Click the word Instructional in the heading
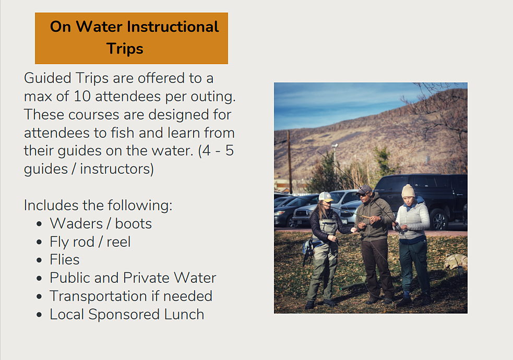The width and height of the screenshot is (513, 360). pyautogui.click(x=173, y=27)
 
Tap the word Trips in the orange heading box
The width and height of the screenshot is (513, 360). pyautogui.click(x=125, y=49)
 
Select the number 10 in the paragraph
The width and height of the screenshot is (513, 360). pyautogui.click(x=82, y=97)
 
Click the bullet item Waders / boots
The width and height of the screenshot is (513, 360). pyautogui.click(x=101, y=224)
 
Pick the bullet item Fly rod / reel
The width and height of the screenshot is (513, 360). pyautogui.click(x=90, y=242)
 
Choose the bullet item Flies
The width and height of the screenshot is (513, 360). pyautogui.click(x=65, y=260)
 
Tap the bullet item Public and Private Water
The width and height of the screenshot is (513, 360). pyautogui.click(x=133, y=278)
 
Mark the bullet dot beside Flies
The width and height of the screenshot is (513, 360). pyautogui.click(x=39, y=260)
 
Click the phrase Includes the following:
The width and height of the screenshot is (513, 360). pyautogui.click(x=98, y=206)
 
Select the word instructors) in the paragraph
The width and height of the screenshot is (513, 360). pyautogui.click(x=117, y=169)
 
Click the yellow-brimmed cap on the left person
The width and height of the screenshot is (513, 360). pyautogui.click(x=326, y=197)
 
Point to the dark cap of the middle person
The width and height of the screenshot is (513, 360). pyautogui.click(x=364, y=189)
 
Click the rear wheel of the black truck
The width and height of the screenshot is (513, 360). pyautogui.click(x=438, y=219)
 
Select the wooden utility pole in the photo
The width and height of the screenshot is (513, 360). pyautogui.click(x=290, y=162)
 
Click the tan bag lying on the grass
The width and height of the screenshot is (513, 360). pyautogui.click(x=456, y=261)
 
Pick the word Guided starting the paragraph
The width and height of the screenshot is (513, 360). pyautogui.click(x=47, y=78)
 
